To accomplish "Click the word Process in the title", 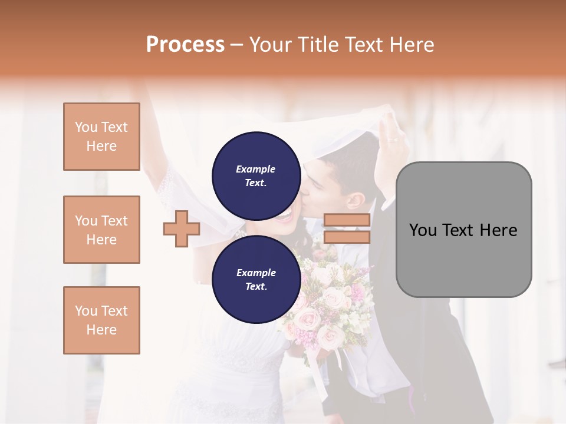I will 185,44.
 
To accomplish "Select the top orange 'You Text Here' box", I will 101,137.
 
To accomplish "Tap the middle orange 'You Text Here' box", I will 101,230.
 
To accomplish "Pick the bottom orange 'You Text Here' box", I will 101,320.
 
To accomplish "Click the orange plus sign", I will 182,229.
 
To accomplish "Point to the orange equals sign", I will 347,228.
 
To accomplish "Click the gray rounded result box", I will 463,230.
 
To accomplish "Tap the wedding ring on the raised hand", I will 391,140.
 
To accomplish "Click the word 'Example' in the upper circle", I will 256,169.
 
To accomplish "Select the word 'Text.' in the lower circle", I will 256,286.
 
